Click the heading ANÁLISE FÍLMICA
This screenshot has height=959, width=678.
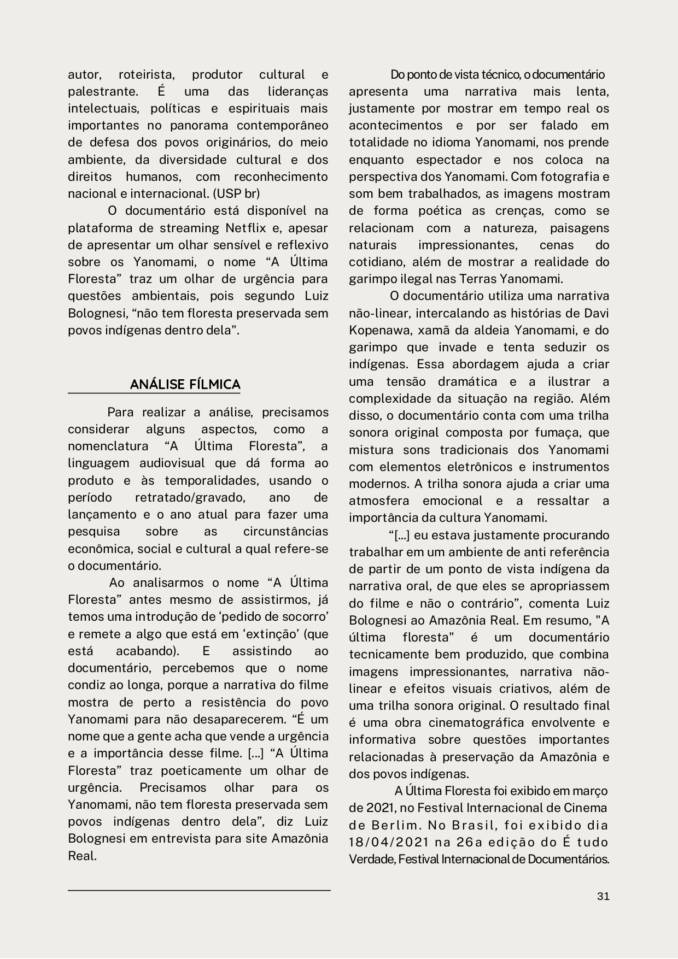185,384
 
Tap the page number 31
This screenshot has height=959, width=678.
603,896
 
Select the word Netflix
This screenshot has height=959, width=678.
246,228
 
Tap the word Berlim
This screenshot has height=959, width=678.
391,825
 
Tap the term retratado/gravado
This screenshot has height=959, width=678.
189,497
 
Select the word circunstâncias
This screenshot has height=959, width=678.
285,531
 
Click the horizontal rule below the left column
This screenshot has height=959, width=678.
199,890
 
